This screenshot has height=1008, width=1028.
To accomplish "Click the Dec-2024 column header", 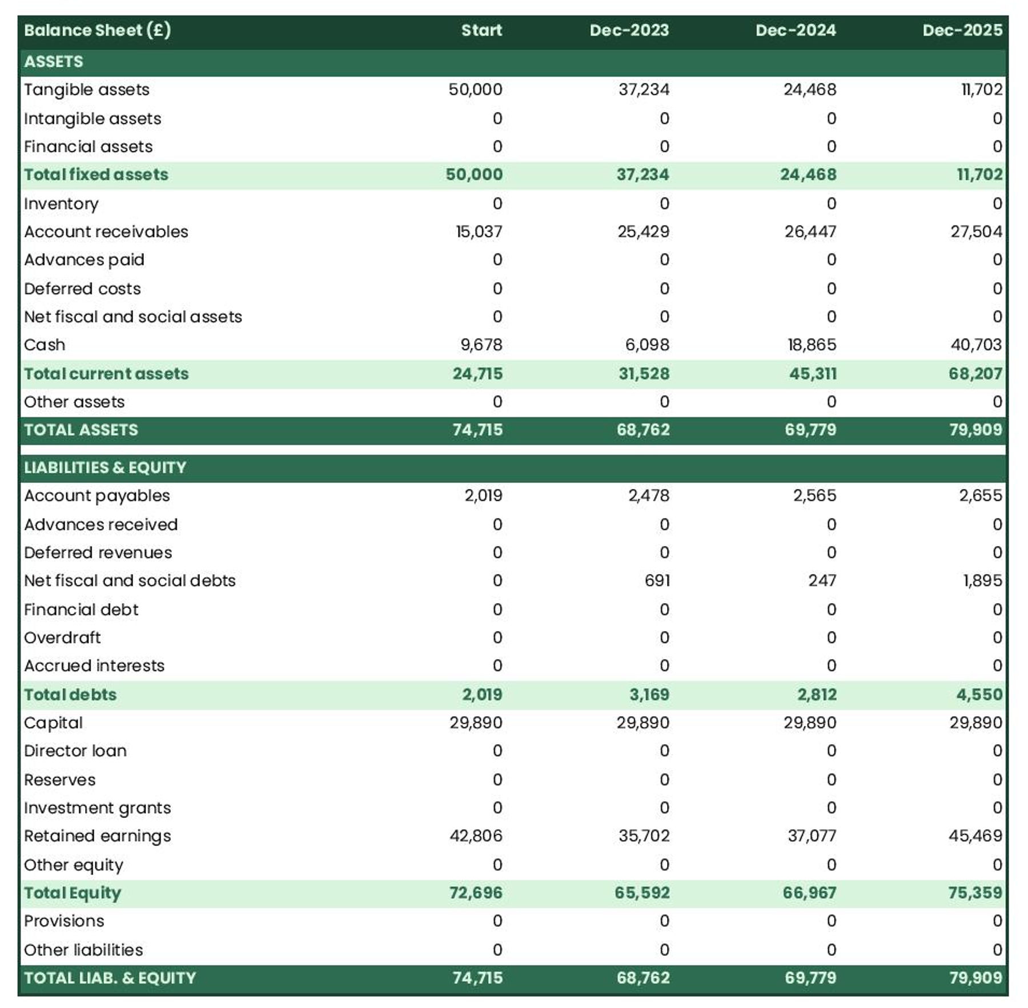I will [x=795, y=30].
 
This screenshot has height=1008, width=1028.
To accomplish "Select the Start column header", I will [x=481, y=30].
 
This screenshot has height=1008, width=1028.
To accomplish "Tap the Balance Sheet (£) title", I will [x=97, y=30].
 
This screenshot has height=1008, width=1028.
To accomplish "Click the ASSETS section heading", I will [x=54, y=62].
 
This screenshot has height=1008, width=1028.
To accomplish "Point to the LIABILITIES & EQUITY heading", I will [x=105, y=467].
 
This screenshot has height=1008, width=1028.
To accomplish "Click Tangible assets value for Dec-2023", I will [x=644, y=90].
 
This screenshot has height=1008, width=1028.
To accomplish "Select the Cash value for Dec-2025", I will [x=975, y=345].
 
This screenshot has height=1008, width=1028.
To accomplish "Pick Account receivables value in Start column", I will [x=479, y=232].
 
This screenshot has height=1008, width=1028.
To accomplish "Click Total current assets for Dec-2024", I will [x=812, y=374].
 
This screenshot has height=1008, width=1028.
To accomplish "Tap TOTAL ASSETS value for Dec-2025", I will [x=975, y=430].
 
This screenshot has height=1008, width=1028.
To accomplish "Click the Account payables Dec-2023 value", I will [x=648, y=495].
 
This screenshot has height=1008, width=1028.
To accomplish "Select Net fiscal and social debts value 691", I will [x=657, y=580].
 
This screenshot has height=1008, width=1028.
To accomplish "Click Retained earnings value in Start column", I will [x=476, y=836].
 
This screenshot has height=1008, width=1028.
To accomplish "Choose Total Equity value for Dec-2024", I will [x=809, y=893].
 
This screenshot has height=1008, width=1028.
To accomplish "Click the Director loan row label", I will [x=75, y=751].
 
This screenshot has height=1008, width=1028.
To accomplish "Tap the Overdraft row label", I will [x=62, y=638].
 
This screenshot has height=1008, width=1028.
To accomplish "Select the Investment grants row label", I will [x=98, y=808].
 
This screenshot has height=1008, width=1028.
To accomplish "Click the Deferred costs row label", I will [x=82, y=289].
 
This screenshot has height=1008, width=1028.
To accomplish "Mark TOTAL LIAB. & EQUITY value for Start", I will [x=477, y=978].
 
